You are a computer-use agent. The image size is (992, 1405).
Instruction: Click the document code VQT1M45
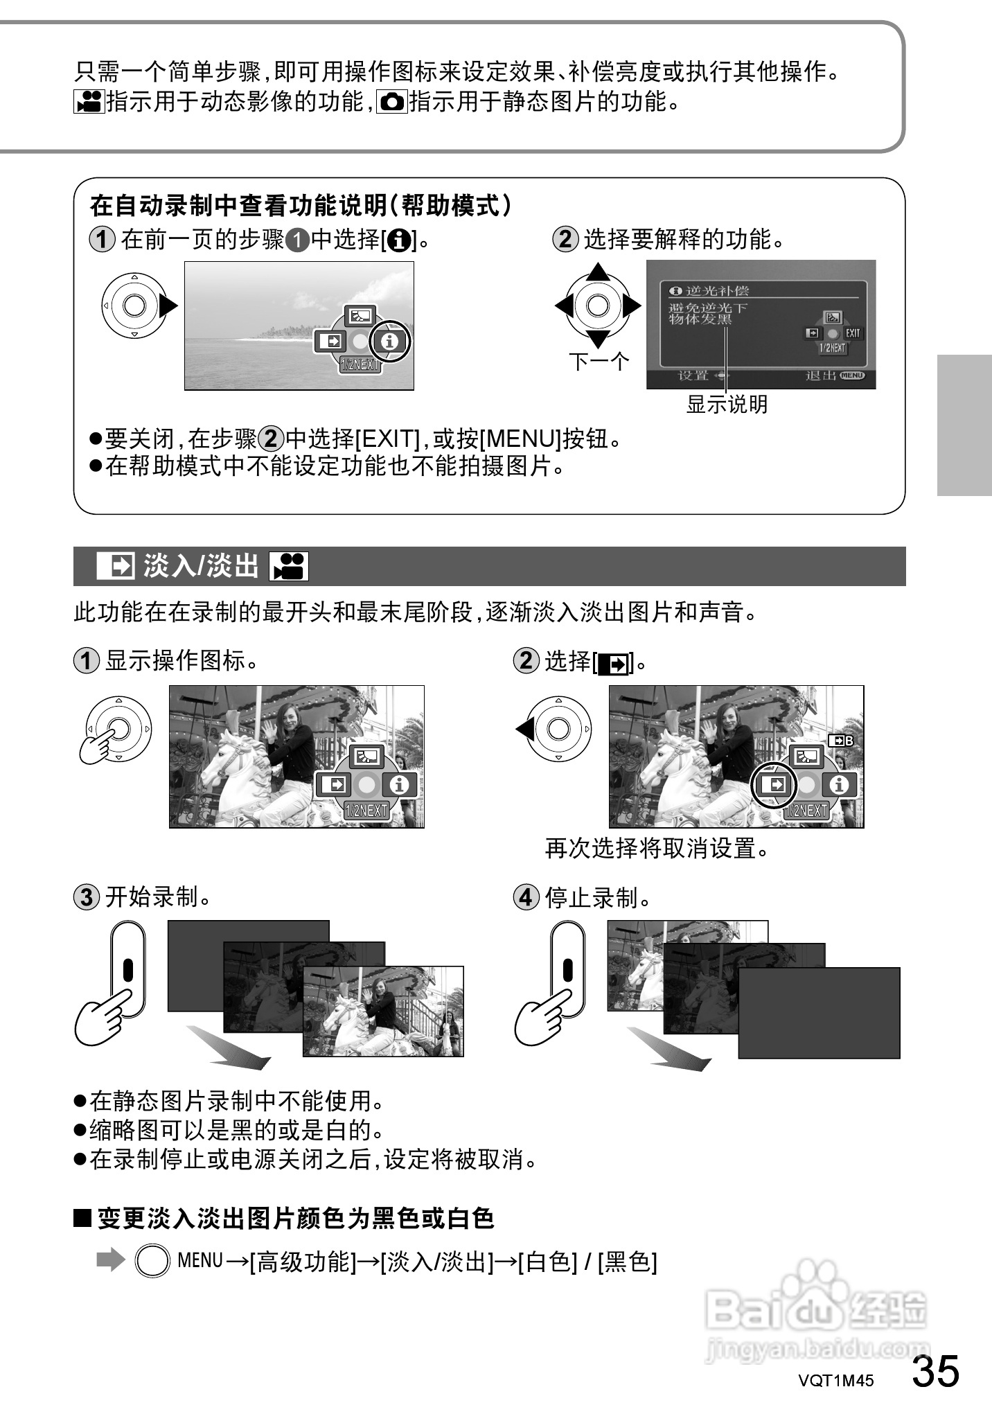point(836,1381)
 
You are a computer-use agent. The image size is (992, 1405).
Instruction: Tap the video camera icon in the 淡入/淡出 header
point(288,566)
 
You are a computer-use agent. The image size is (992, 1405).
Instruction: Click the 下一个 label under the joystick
point(599,361)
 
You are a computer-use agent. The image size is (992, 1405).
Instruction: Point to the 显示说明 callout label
point(727,404)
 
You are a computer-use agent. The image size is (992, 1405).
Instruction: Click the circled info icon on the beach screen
point(390,341)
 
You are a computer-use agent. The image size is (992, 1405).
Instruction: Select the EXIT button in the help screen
point(852,333)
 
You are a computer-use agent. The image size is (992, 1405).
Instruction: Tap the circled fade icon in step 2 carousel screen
point(775,785)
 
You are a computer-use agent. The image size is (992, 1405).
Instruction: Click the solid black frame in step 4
point(819,1012)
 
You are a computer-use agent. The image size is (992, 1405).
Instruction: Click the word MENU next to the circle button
point(200,1260)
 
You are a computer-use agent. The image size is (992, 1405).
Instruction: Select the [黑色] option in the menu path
point(628,1261)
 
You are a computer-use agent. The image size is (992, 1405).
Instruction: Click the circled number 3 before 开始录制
point(86,897)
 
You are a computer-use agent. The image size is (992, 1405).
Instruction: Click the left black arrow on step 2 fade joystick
point(524,729)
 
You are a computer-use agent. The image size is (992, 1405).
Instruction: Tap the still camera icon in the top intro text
point(392,103)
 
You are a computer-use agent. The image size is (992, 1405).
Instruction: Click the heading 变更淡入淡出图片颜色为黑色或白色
point(295,1217)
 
